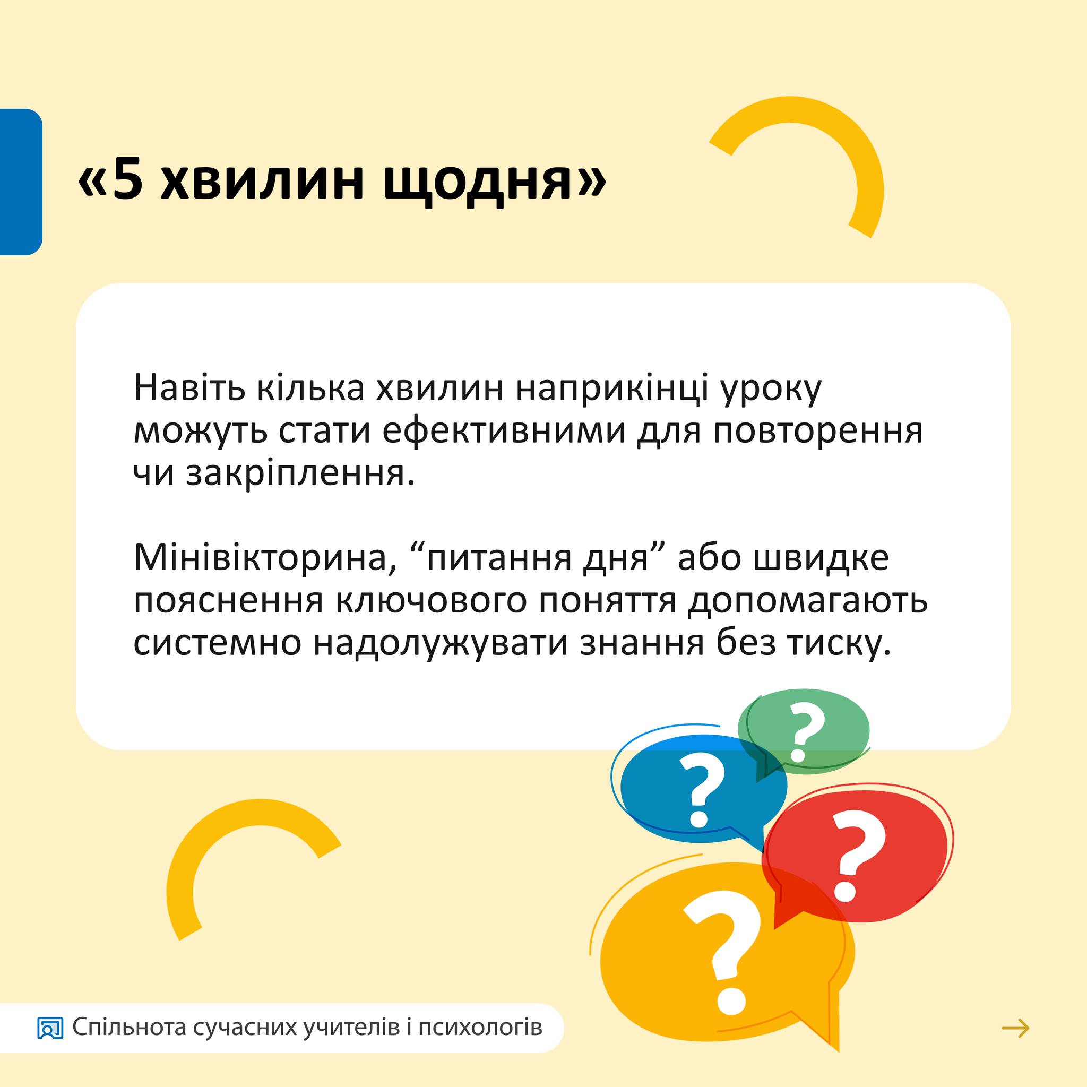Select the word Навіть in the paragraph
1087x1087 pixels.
point(189,387)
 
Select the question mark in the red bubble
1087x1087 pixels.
point(856,855)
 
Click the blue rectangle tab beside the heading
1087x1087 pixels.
point(21,182)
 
